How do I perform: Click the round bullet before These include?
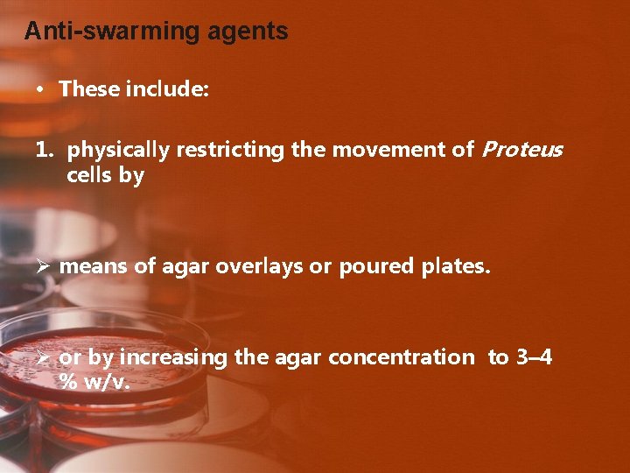40,90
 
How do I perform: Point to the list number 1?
45,150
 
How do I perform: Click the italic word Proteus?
521,150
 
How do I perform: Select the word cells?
89,175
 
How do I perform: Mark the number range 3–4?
533,357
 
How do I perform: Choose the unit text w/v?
107,383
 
